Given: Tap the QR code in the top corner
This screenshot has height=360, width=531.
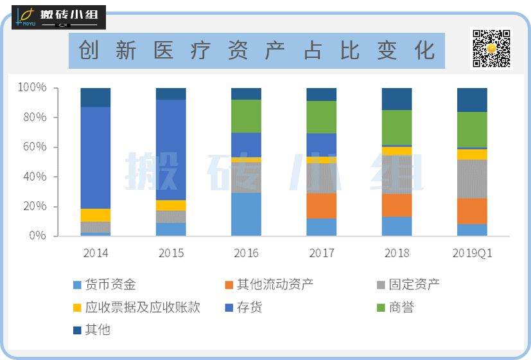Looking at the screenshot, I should coord(491,48).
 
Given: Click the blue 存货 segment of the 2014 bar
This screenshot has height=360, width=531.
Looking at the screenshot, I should coord(95,157).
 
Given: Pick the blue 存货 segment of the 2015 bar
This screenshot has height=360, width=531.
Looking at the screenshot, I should coord(171,149).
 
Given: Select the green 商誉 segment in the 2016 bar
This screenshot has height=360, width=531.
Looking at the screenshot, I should coord(246,116).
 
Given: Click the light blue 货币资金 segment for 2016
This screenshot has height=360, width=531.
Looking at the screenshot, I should coord(246,214).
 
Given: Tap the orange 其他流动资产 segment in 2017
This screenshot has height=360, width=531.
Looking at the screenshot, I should coord(322,206).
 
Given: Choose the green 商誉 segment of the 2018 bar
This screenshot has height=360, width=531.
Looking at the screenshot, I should coord(397,127).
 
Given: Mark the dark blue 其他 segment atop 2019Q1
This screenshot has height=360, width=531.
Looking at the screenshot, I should coord(472,100).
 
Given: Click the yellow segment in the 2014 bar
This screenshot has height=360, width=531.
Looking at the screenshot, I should coord(95,215).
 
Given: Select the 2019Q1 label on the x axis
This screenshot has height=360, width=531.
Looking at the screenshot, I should coord(472,253).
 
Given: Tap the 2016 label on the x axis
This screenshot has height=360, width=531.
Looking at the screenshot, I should coord(246,253).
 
